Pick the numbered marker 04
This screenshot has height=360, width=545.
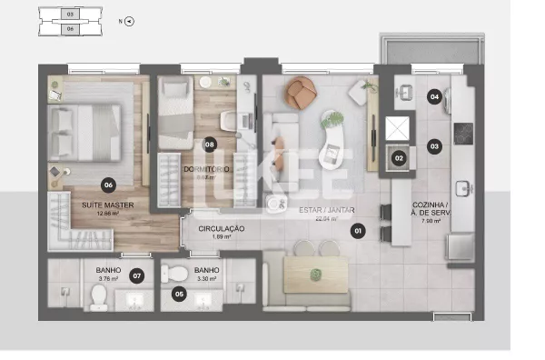tap(435, 96)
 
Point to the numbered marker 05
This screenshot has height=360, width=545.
tap(180, 294)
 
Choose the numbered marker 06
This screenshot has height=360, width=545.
tap(108, 185)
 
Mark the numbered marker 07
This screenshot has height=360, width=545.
tap(137, 274)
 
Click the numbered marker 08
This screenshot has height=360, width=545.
tap(210, 144)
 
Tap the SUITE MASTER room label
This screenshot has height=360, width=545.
tap(108, 205)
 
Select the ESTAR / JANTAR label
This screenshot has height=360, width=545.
tap(326, 211)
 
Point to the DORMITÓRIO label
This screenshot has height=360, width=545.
tap(207, 169)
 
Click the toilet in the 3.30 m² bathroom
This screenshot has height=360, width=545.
tap(180, 275)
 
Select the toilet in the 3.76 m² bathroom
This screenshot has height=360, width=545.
tap(99, 298)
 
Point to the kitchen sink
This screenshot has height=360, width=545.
tap(462, 189)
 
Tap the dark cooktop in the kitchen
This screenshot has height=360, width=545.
tap(463, 134)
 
